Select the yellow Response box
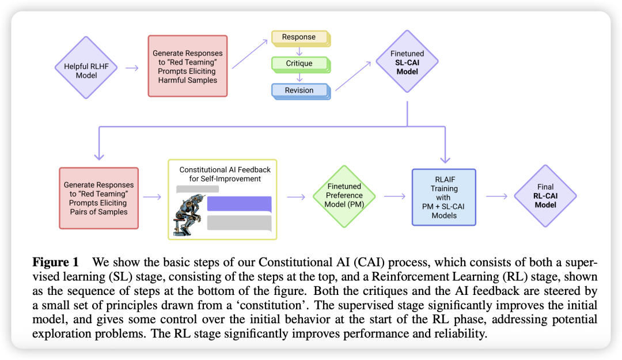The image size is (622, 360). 299,37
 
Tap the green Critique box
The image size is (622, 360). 299,63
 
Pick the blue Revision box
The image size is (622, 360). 299,90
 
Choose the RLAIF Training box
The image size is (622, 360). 444,196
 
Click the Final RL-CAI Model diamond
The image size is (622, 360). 545,196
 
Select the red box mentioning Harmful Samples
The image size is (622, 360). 188,67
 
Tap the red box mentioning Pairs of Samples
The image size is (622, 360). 98,198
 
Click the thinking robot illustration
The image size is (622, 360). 188,208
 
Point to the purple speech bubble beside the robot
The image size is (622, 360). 238,203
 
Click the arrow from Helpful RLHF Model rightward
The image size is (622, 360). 132,67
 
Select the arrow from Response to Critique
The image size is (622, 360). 299,51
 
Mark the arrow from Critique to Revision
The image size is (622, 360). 299,77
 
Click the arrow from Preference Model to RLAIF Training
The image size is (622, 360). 395,196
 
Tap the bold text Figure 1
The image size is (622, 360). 58,261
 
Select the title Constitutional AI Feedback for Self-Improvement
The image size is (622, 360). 225,174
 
